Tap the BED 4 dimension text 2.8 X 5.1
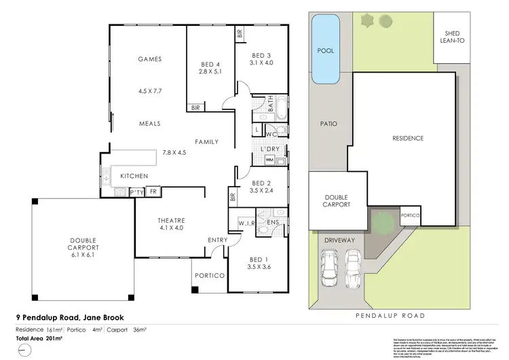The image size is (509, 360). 210,71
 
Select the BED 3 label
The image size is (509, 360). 261,55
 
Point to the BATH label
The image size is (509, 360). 271,105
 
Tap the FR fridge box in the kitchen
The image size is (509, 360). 154,192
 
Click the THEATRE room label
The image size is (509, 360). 171,221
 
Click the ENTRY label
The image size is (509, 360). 217,240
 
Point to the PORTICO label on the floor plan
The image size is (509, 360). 206,276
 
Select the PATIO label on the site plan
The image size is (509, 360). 329,124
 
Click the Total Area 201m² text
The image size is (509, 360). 39,338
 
